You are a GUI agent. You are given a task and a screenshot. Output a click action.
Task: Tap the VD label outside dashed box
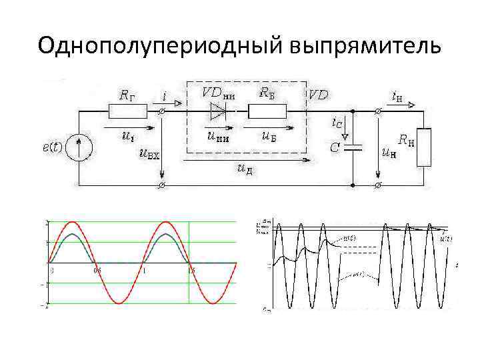pyautogui.click(x=318, y=95)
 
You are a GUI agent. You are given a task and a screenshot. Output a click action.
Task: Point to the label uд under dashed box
pyautogui.click(x=244, y=171)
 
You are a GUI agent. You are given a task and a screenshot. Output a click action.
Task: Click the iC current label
pyautogui.click(x=338, y=123)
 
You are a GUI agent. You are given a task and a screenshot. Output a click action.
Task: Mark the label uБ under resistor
pyautogui.click(x=269, y=137)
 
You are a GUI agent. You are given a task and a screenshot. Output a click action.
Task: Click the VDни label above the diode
pyautogui.click(x=218, y=93)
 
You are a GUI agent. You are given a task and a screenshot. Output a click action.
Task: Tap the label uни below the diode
pyautogui.click(x=218, y=137)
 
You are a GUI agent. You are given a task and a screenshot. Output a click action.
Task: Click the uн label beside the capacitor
pyautogui.click(x=388, y=153)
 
